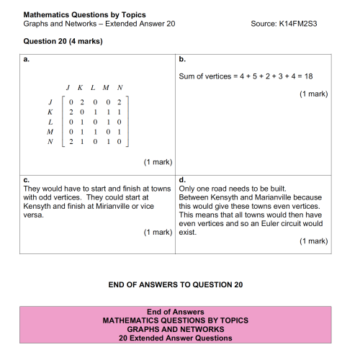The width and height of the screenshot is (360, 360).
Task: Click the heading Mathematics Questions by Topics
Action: (84, 14)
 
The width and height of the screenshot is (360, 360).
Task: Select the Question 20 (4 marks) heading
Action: (63, 41)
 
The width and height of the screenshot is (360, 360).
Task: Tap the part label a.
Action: (27, 59)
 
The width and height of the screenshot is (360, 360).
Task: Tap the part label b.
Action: (182, 59)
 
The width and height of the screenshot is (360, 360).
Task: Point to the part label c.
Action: (27, 179)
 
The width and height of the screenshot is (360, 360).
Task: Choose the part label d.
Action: (182, 179)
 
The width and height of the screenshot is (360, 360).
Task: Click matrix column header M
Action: (106, 88)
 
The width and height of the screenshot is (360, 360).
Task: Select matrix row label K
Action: (50, 112)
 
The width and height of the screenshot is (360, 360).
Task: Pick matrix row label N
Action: (50, 142)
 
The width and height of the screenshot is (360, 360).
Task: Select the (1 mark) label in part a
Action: (158, 162)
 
